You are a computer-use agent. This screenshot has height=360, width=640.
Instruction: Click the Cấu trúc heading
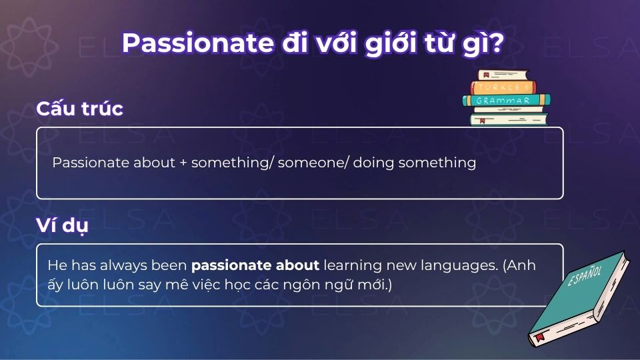(79, 109)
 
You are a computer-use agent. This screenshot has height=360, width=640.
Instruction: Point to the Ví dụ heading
(62, 225)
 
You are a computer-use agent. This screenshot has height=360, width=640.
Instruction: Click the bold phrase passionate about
(255, 265)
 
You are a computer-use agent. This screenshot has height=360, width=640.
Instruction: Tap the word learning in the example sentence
(352, 265)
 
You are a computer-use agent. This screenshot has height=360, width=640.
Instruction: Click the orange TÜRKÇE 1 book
(505, 87)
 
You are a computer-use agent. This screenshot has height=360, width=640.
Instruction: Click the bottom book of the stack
(508, 119)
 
